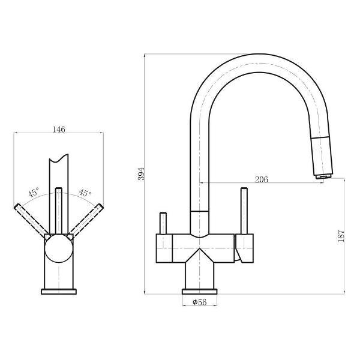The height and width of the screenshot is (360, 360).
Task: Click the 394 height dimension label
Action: point(142,174)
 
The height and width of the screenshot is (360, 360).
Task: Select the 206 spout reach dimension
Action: point(262,179)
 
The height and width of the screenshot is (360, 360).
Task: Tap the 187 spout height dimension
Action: point(341,236)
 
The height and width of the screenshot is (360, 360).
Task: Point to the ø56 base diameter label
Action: point(200,302)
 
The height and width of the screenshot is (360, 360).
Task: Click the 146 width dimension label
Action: point(59,130)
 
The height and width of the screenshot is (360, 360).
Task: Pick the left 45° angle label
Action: point(34,193)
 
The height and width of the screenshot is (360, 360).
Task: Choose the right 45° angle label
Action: point(85,193)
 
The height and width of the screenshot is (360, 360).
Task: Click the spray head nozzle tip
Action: point(323,176)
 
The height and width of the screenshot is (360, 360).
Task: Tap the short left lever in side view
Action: point(163,223)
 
